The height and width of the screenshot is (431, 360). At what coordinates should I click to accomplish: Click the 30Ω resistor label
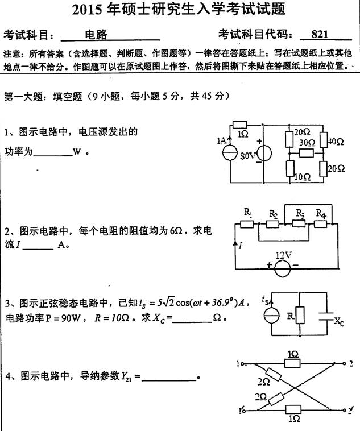click(307, 143)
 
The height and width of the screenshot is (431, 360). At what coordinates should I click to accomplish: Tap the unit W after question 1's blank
click(76, 153)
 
